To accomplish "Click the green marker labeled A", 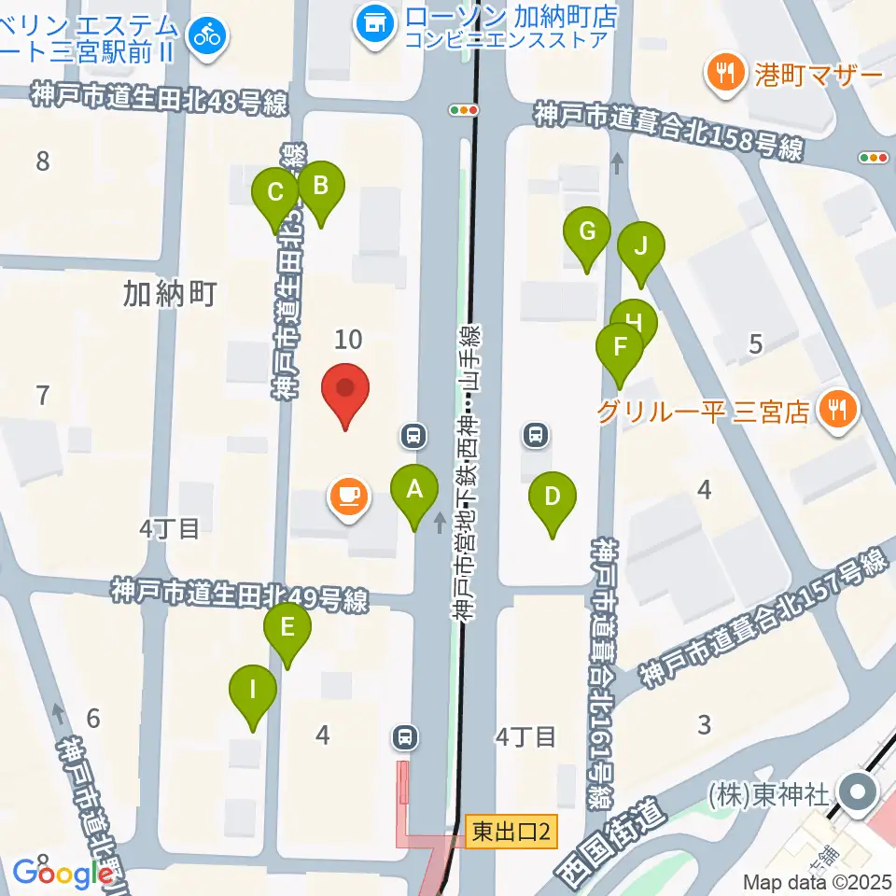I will coord(414,488).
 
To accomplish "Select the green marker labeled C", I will coord(275,193).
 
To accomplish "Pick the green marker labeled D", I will coord(552,497).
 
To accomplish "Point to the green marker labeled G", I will coord(587,231).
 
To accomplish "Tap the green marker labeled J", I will coord(641,247).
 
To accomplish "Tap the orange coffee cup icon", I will coord(348,496).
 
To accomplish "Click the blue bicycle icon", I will coord(206,36).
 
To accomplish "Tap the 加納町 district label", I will coord(170,295).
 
